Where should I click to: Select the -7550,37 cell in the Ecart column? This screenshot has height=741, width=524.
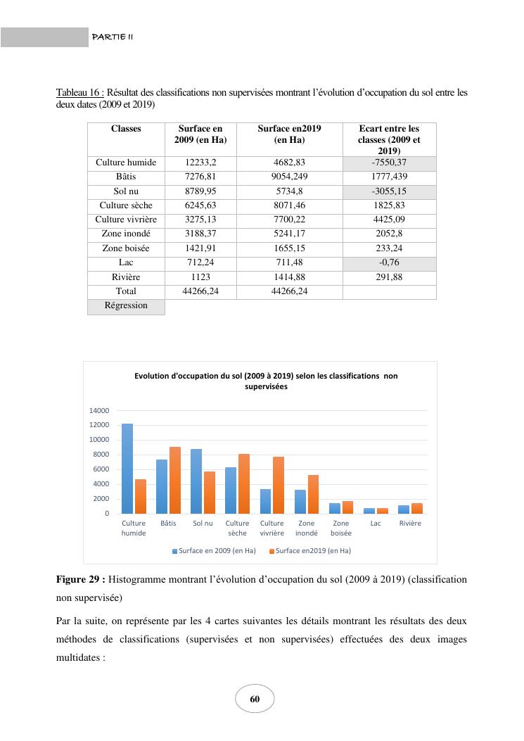coord(389,163)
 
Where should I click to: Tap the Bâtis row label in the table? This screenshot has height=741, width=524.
coord(125,177)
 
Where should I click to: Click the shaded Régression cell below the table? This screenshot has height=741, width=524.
coord(125,306)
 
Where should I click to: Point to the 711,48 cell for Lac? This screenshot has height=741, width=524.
coord(288,262)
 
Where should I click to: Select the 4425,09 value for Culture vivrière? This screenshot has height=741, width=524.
coord(389,220)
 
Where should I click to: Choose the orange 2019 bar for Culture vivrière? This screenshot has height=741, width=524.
coord(279,485)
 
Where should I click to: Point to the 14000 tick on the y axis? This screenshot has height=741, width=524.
coord(99,410)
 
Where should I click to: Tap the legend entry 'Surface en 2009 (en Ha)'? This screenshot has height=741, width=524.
coord(214,550)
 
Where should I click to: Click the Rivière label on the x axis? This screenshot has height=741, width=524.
coord(410,524)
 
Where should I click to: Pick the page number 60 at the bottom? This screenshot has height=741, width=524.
coord(255,699)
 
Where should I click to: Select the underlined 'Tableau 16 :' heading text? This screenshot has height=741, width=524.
coord(79,92)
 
